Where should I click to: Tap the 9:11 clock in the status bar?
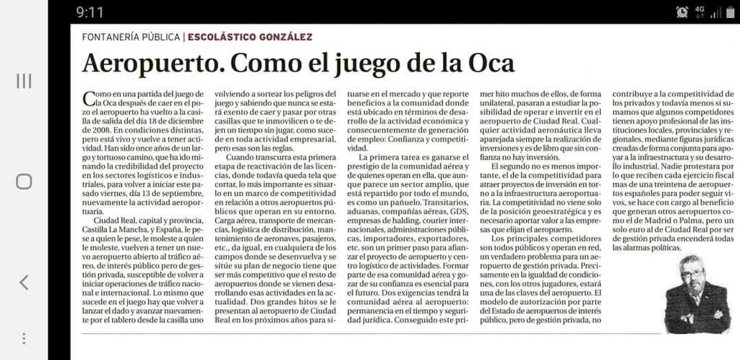[x=90, y=12]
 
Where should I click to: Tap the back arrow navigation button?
[x=24, y=282]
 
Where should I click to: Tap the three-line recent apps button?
[x=24, y=80]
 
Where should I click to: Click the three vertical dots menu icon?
[x=24, y=338]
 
